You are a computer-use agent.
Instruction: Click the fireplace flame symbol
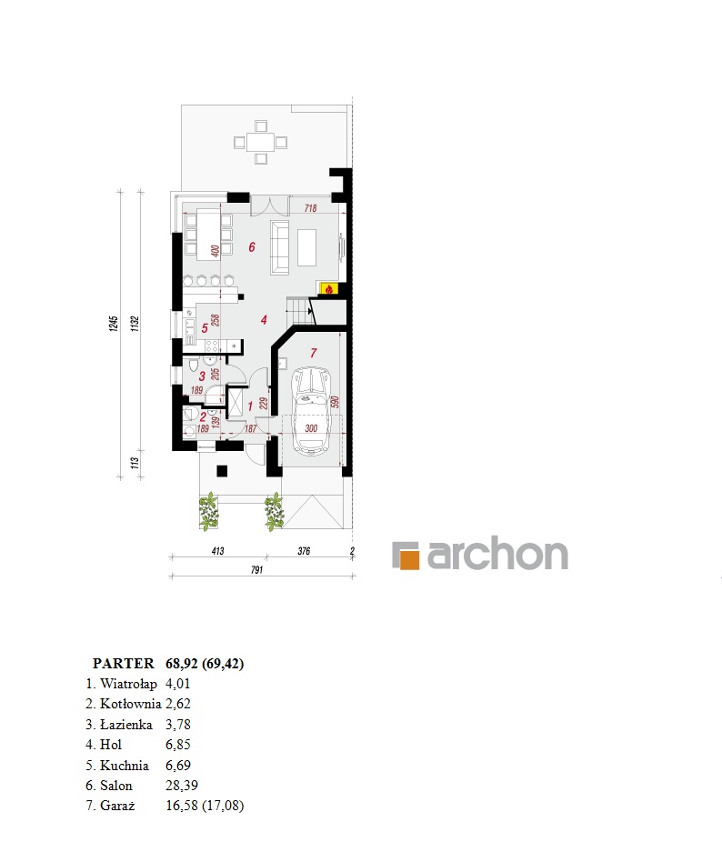pyautogui.click(x=328, y=289)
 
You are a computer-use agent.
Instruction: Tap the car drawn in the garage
pyautogui.click(x=311, y=411)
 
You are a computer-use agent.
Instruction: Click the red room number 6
pyautogui.click(x=251, y=247)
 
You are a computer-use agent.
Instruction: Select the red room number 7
pyautogui.click(x=313, y=353)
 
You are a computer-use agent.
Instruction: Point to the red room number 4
pyautogui.click(x=264, y=319)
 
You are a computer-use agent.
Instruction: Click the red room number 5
pyautogui.click(x=204, y=328)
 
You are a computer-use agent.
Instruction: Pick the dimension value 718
pyautogui.click(x=310, y=208)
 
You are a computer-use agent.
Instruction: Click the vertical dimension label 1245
pyautogui.click(x=114, y=324)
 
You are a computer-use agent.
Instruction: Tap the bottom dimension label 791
pyautogui.click(x=256, y=570)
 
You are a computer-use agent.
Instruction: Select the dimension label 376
pyautogui.click(x=304, y=551)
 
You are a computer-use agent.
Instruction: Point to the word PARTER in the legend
pyautogui.click(x=123, y=664)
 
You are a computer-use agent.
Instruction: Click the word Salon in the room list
pyautogui.click(x=116, y=786)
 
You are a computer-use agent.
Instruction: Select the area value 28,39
pyautogui.click(x=182, y=786)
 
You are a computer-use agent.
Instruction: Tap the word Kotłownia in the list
pyautogui.click(x=131, y=704)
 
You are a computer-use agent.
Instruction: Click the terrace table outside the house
pyautogui.click(x=261, y=142)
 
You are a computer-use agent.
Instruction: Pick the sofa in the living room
pyautogui.click(x=280, y=247)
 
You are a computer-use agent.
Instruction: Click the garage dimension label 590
pyautogui.click(x=334, y=402)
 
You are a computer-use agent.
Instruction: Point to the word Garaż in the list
pyautogui.click(x=117, y=806)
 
